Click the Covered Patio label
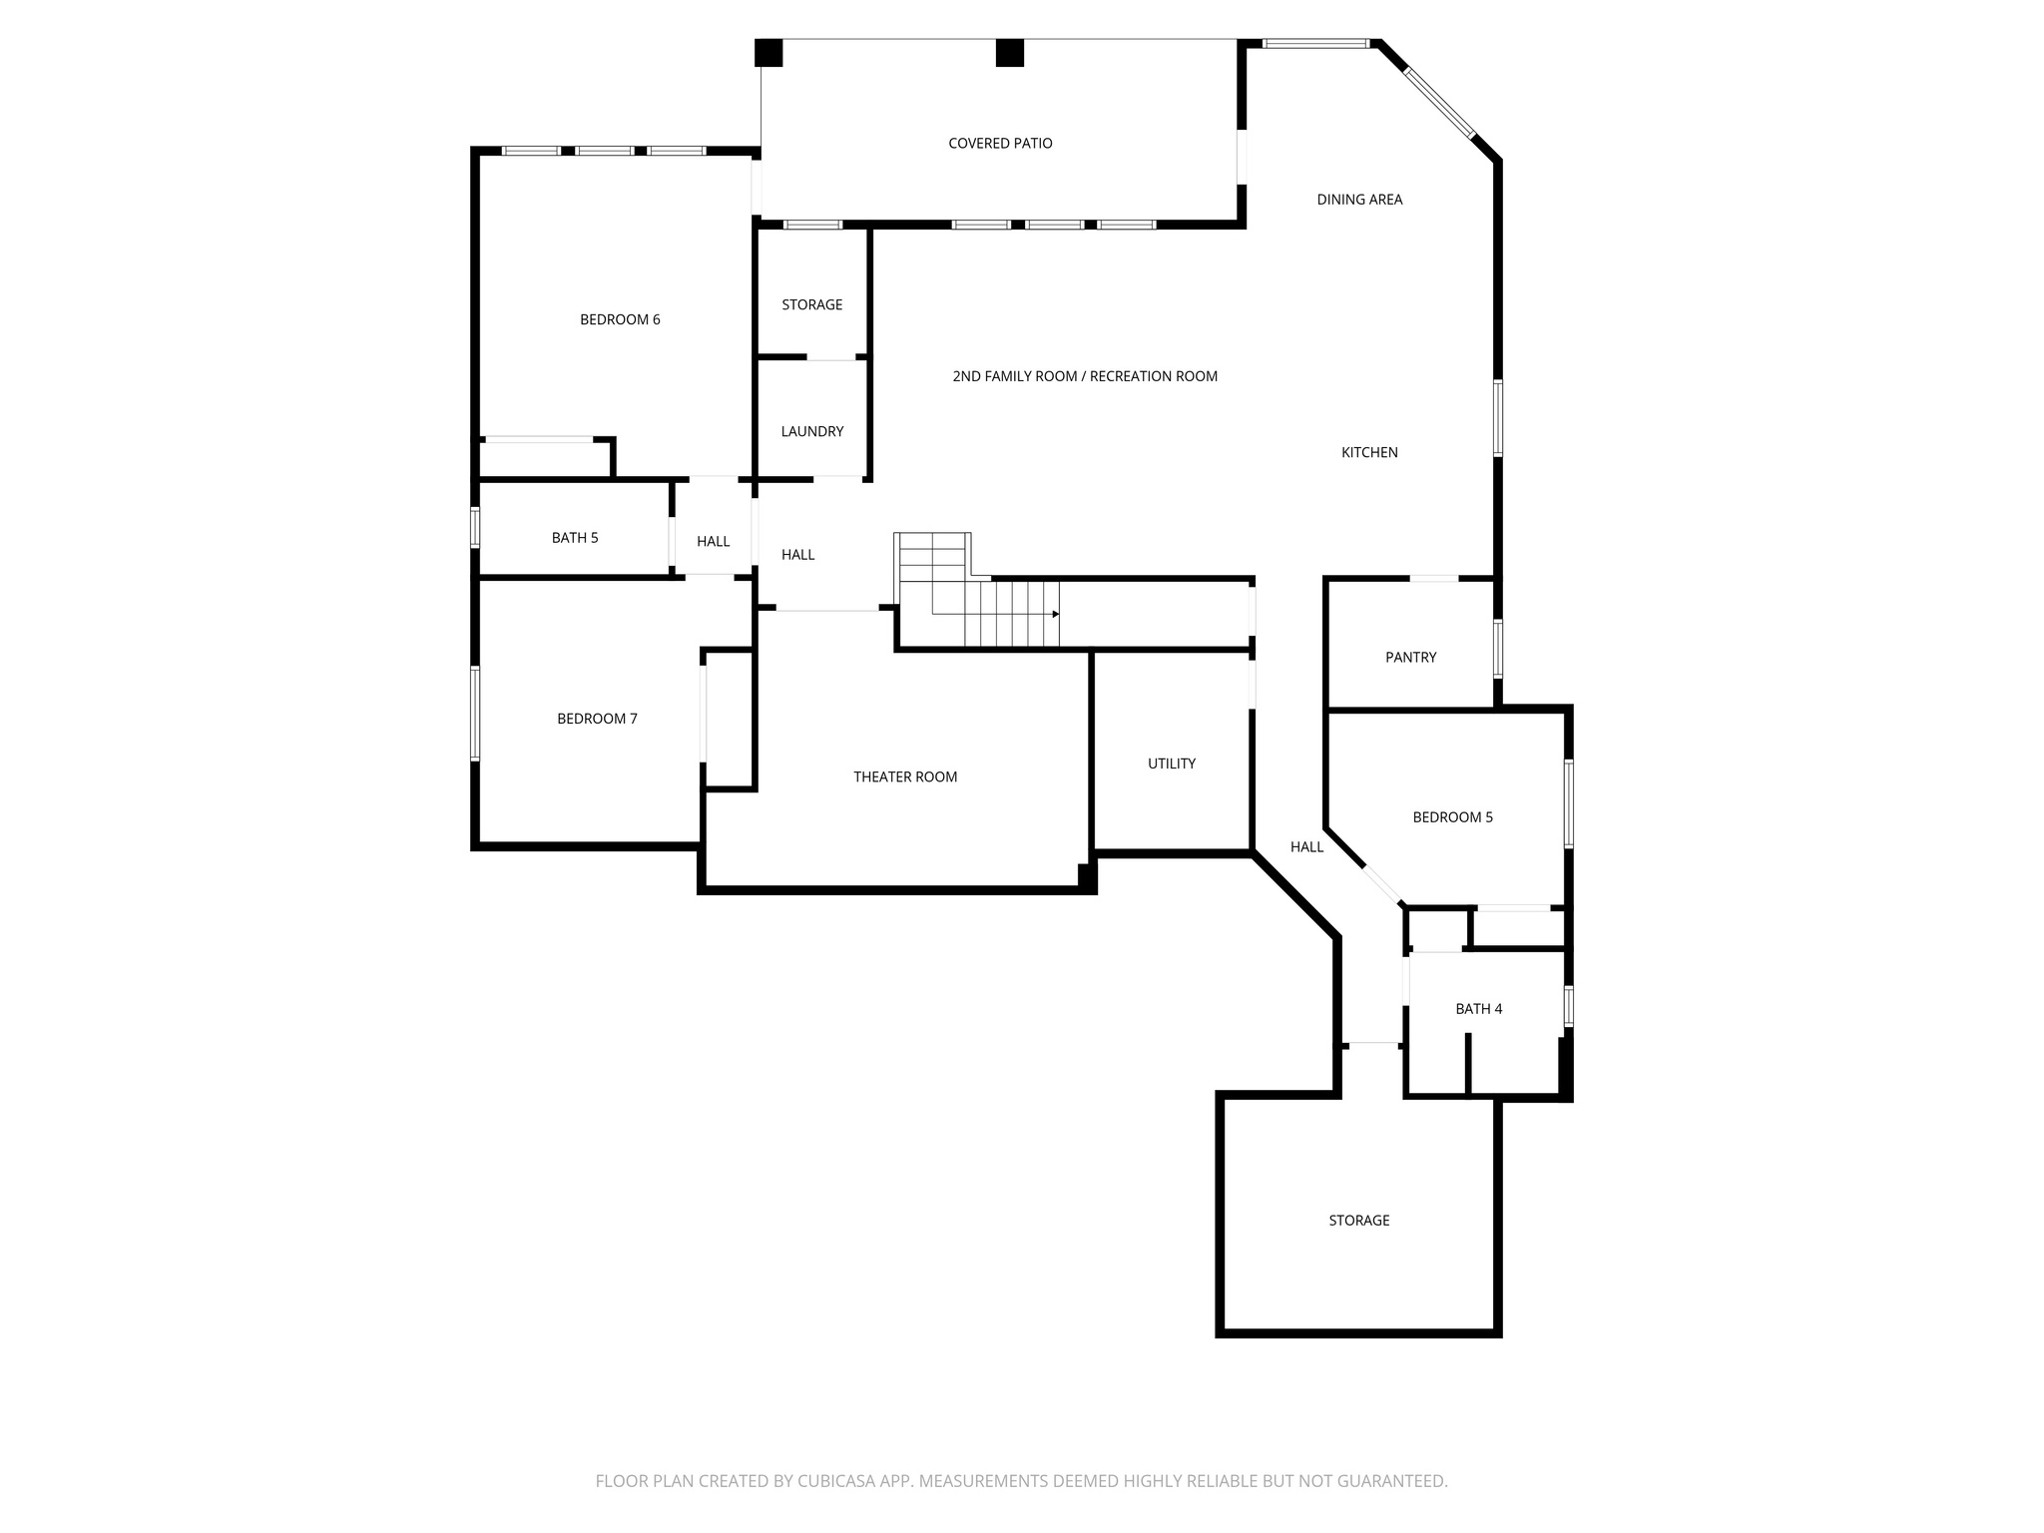[x=1000, y=144]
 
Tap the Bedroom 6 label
[x=620, y=320]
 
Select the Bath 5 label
[x=575, y=538]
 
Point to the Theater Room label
[x=905, y=777]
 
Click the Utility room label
[x=1172, y=764]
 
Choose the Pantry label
[x=1411, y=658]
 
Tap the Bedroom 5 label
[x=1453, y=817]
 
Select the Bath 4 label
[x=1479, y=1009]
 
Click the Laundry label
[x=812, y=432]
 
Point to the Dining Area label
[x=1359, y=200]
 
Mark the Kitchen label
[x=1369, y=453]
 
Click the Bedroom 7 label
[x=597, y=719]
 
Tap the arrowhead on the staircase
[x=1055, y=614]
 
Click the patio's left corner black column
[x=768, y=53]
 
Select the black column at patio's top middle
[x=1010, y=53]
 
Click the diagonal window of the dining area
[x=1439, y=103]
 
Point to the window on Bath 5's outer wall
[x=475, y=527]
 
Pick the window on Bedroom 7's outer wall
[x=475, y=714]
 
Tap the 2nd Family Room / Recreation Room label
[x=1085, y=377]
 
